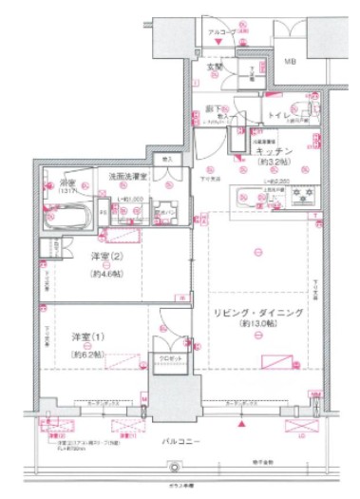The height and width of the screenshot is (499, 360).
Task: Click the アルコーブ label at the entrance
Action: pos(221,32)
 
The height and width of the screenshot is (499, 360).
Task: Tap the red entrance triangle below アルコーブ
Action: pos(221,44)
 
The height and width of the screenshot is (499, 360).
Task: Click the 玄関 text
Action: pos(216,67)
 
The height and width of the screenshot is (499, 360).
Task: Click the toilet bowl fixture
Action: pos(309,106)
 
